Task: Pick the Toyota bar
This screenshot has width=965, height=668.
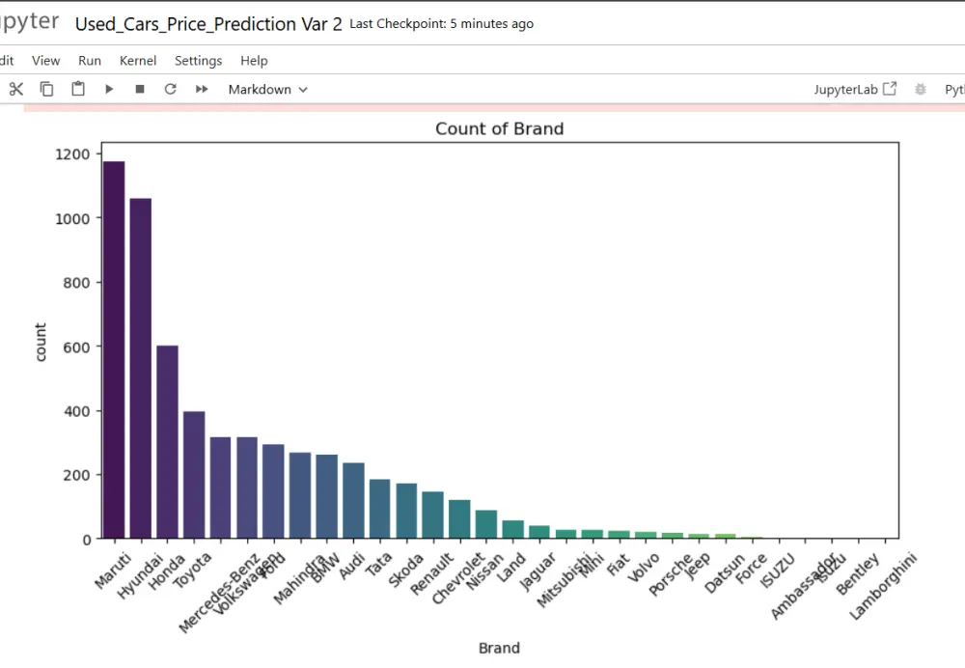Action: click(194, 474)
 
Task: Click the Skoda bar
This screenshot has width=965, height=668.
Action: click(406, 511)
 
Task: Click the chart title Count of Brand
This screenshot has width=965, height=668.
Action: click(499, 128)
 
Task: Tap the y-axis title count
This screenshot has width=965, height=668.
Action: click(41, 343)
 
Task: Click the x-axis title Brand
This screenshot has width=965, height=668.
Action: click(499, 648)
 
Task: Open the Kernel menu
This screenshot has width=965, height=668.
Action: click(138, 61)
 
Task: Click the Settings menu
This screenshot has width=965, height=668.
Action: click(198, 61)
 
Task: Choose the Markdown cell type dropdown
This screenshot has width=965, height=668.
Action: click(267, 90)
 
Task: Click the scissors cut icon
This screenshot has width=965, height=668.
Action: click(15, 89)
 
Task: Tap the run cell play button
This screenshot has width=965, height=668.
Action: click(109, 89)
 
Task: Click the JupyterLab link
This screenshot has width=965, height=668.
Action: click(855, 89)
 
